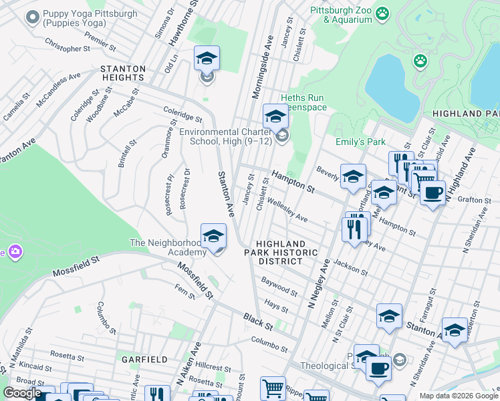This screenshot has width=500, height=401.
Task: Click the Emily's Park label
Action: click(361, 142)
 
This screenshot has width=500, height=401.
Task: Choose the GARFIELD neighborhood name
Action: click(144, 359)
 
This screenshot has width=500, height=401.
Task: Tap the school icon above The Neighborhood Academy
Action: click(213, 237)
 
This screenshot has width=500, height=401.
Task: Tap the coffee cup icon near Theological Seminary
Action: click(378, 368)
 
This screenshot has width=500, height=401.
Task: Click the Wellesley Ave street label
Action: click(287, 209)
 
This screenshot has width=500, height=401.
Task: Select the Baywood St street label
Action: click(279, 289)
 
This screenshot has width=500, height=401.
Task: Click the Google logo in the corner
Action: click(23, 393)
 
